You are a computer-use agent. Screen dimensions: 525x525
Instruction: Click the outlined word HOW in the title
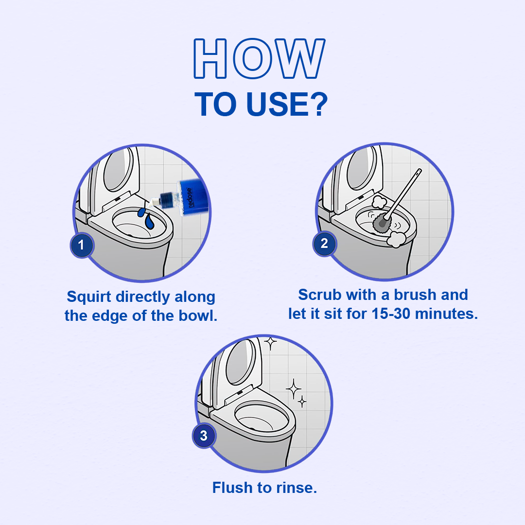(x=259, y=59)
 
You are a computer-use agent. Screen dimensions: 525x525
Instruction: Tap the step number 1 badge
(x=82, y=245)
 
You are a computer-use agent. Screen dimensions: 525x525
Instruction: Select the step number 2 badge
(x=324, y=244)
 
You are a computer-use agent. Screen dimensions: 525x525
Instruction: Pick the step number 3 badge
(x=204, y=436)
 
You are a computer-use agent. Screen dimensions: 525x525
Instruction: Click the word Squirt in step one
(x=89, y=297)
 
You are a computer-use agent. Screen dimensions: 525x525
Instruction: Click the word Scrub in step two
(x=320, y=295)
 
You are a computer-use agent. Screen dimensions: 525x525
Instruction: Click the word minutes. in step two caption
(x=446, y=314)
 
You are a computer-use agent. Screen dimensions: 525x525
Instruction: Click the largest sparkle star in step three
(x=293, y=389)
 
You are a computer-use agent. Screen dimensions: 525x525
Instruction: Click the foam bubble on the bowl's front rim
(x=396, y=239)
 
